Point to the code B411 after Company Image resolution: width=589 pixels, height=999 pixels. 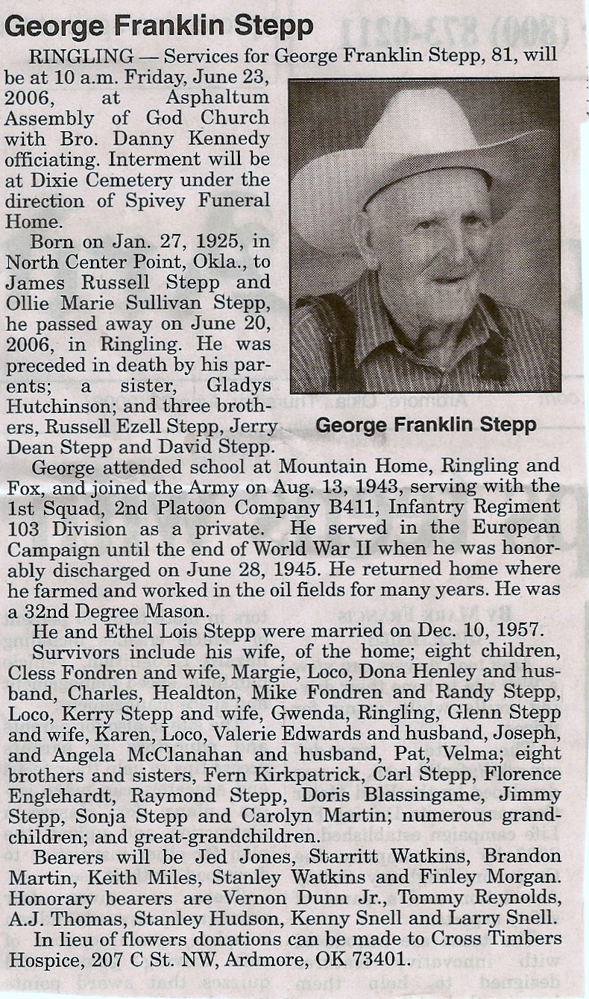(x=381, y=507)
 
